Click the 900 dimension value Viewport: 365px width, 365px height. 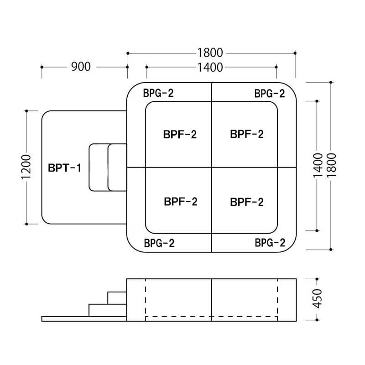(81, 67)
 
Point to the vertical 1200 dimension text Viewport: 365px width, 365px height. (26, 167)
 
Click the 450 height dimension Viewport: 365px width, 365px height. (318, 298)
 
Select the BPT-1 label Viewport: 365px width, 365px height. (64, 167)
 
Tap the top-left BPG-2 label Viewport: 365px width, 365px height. (158, 93)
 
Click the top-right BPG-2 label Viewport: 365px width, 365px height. (269, 94)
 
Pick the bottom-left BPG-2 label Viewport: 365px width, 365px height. (159, 243)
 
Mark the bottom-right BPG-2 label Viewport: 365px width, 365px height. (270, 242)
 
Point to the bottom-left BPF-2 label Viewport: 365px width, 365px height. (180, 202)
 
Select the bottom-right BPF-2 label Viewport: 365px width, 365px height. (247, 202)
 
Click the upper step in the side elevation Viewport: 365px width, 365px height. (117, 297)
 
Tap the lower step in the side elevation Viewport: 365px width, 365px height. (107, 310)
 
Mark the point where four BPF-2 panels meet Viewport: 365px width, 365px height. (212, 167)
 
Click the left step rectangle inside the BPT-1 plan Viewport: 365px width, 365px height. (98, 167)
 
